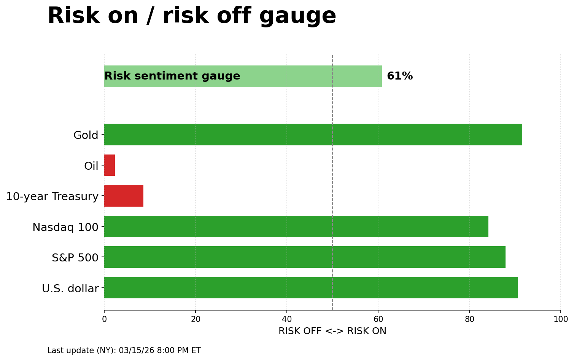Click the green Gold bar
(x=313, y=134)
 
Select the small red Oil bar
(x=110, y=165)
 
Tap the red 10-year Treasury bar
(x=124, y=196)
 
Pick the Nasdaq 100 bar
(x=296, y=226)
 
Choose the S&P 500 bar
(x=304, y=257)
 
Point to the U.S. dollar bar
(x=310, y=288)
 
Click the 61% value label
(x=399, y=76)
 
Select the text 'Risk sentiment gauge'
(x=172, y=76)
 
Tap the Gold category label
(x=86, y=135)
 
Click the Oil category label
(x=91, y=166)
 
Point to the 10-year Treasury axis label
(x=52, y=196)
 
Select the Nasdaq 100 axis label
(x=65, y=227)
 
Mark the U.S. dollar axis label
(x=70, y=288)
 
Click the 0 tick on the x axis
(x=104, y=319)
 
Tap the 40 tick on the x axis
(x=287, y=319)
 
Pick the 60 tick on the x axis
(x=378, y=319)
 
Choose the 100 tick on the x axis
(x=560, y=319)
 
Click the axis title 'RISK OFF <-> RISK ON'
(x=332, y=331)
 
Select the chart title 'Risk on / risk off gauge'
(x=192, y=16)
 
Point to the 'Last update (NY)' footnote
(x=124, y=350)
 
